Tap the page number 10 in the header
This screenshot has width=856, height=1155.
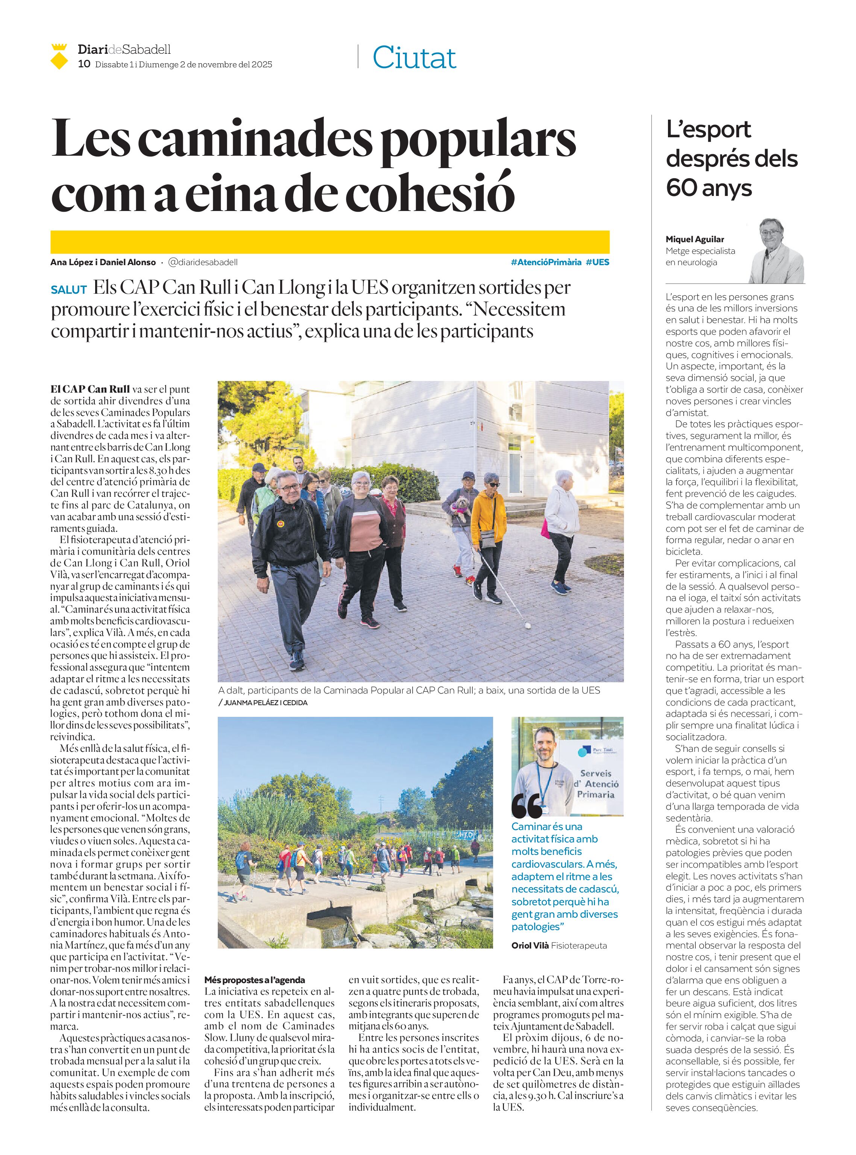[84, 64]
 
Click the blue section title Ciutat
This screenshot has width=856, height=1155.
[414, 58]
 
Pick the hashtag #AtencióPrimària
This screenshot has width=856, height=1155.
[546, 262]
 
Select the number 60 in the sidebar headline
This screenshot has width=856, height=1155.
[682, 188]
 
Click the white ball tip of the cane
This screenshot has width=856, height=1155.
[528, 626]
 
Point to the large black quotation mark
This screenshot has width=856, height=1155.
[527, 807]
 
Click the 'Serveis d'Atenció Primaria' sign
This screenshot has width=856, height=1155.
[596, 783]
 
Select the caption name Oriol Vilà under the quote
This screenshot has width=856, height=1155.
[530, 946]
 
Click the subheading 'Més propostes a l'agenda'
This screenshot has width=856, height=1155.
[254, 980]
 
